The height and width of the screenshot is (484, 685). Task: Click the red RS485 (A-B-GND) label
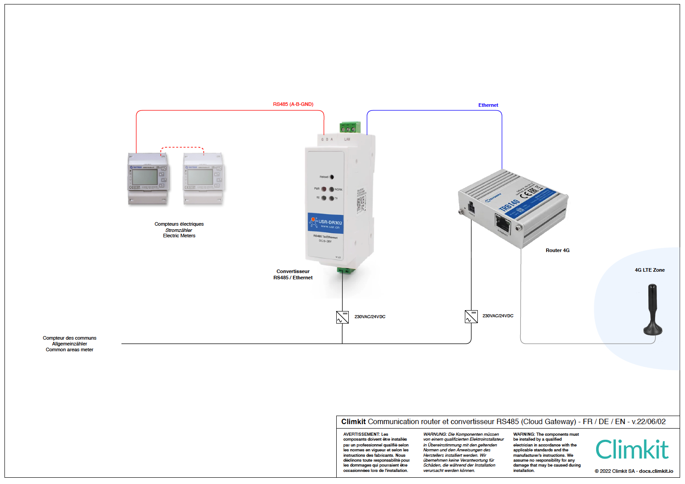pos(293,104)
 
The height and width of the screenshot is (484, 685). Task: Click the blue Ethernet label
pos(488,105)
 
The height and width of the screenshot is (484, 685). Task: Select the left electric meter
pos(148,179)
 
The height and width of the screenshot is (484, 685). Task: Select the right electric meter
pos(204,179)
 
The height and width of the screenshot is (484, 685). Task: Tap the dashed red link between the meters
pos(182,147)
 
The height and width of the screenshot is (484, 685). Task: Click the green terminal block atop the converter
pos(350,128)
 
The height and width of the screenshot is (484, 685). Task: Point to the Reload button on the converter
pos(331,177)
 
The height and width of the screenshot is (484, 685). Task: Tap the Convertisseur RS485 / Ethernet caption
pos(293,274)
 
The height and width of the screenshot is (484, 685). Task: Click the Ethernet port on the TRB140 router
pos(503,222)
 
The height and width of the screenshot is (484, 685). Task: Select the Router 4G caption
pos(557,250)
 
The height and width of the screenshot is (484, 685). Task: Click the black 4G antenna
pos(652,310)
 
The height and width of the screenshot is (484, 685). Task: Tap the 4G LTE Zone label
pos(650,270)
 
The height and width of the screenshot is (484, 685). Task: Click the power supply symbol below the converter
pos(342,317)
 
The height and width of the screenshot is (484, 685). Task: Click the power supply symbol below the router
pos(471,316)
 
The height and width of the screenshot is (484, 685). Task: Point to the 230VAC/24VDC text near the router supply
pos(498,316)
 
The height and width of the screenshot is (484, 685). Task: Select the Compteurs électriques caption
pos(179,224)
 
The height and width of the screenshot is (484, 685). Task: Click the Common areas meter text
pos(70,349)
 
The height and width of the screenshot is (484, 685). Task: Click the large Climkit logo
pos(632,450)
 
